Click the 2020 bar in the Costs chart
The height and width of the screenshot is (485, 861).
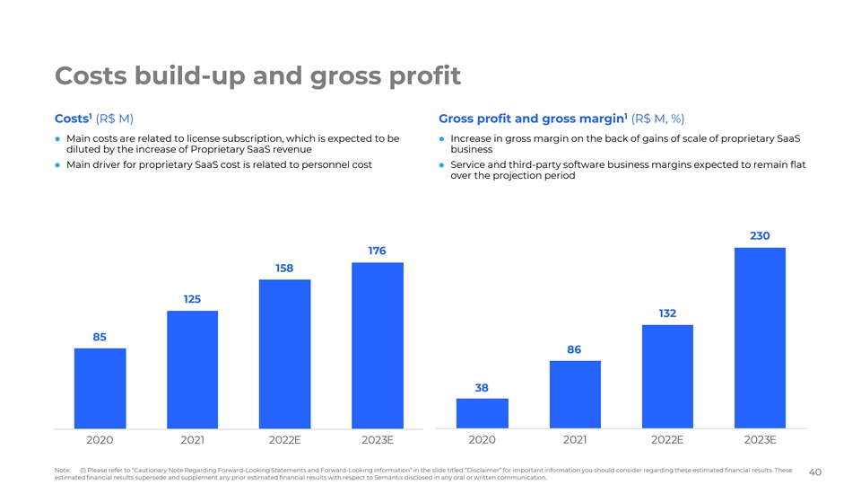100,388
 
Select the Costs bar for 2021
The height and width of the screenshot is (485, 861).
192,369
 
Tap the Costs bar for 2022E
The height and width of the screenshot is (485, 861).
284,354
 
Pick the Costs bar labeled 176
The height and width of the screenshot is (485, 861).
377,345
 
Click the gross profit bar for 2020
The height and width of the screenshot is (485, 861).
482,413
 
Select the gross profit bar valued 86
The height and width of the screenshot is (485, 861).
575,394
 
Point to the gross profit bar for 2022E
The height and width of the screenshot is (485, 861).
667,376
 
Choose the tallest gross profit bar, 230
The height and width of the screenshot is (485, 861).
760,338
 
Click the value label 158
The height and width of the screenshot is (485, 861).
284,269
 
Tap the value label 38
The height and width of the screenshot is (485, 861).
482,388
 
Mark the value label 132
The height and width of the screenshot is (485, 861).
667,313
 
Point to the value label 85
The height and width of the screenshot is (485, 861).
100,338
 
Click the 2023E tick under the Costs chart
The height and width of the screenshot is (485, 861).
377,440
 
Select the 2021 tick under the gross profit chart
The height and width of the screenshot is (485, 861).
575,440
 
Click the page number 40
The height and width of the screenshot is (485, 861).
815,472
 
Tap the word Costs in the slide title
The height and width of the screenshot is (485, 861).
95,75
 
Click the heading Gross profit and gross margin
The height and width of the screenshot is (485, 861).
531,119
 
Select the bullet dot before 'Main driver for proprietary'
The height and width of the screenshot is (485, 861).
58,164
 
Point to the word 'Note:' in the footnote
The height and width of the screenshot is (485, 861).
62,470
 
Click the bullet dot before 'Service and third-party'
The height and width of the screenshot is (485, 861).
442,164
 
